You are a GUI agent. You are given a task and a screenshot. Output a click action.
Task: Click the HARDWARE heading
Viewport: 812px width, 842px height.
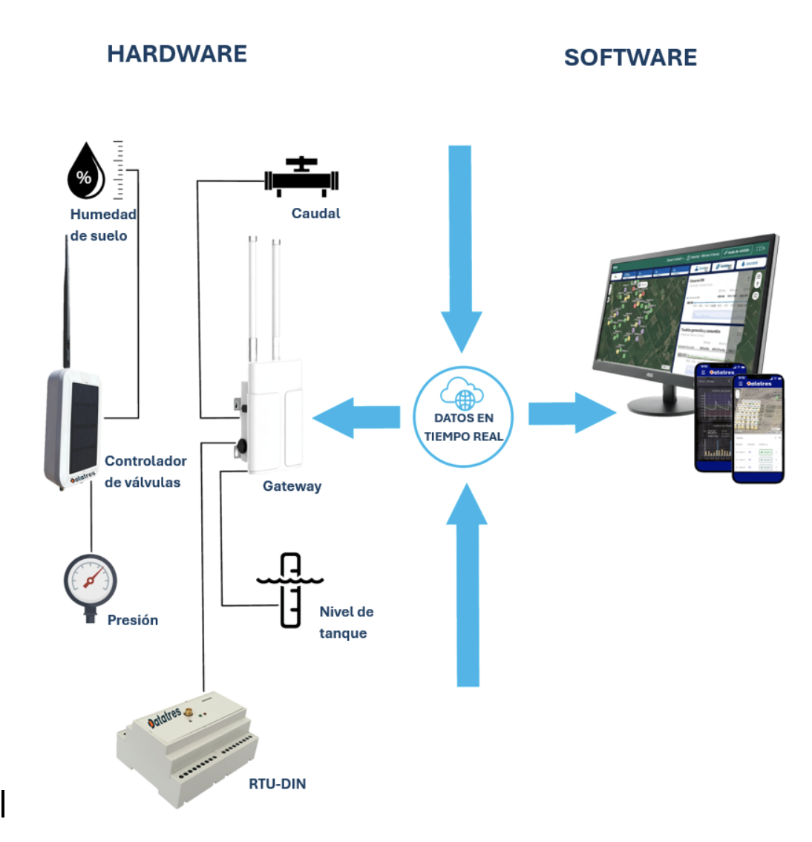coord(177,54)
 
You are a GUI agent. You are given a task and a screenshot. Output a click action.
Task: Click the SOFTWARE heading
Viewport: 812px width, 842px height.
coord(630,58)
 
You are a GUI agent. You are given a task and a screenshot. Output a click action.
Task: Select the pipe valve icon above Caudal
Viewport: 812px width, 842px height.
coord(301,178)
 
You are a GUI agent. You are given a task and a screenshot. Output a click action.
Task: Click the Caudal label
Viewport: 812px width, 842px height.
coord(315,214)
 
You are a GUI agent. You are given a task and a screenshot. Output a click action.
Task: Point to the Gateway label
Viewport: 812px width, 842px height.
coord(292,486)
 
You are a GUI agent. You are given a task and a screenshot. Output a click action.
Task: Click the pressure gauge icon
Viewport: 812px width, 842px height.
coord(91,581)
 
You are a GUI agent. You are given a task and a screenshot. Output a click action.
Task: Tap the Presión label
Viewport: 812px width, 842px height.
coord(132,620)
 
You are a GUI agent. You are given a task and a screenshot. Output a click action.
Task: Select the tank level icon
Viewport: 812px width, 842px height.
coord(290,590)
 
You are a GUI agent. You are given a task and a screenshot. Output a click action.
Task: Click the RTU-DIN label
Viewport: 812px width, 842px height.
coord(277,784)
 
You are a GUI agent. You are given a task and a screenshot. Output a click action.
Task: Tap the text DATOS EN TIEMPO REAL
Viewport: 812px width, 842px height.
coord(463,428)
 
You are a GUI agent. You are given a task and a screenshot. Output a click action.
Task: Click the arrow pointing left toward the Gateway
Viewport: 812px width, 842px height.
coord(357,418)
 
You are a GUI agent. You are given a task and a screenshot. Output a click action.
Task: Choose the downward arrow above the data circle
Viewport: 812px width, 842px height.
coord(460,245)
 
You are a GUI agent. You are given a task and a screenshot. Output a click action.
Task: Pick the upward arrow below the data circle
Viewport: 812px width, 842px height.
coord(467,587)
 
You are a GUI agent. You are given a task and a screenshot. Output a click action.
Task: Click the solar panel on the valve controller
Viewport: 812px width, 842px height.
coord(83,427)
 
